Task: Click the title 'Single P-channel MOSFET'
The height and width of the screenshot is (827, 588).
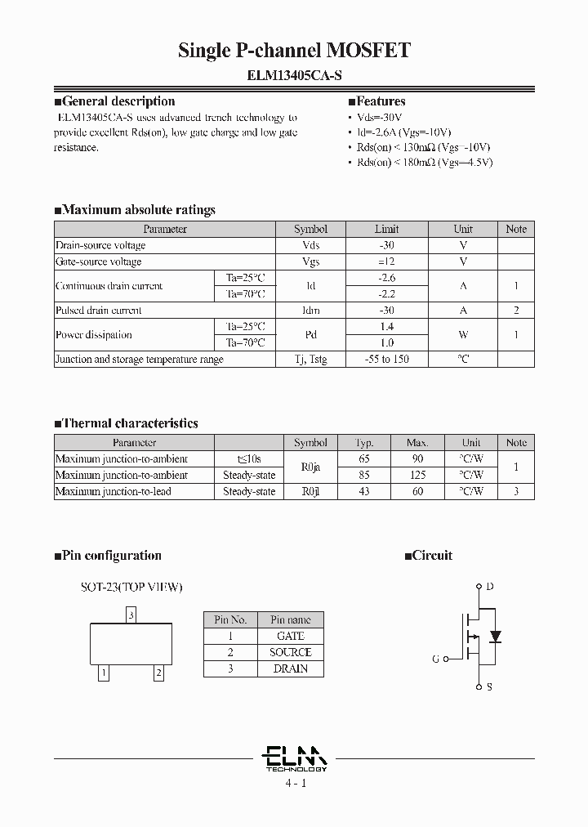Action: pos(294,51)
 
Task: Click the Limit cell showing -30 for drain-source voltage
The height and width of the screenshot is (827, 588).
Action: pos(387,245)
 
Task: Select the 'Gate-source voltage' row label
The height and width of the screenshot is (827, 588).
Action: pos(98,262)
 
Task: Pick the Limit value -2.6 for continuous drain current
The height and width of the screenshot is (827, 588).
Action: pos(387,278)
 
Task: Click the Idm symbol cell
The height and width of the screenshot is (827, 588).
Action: pos(310,311)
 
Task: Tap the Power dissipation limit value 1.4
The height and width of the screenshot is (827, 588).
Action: pos(387,326)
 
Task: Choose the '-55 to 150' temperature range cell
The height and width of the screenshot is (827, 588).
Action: pos(387,360)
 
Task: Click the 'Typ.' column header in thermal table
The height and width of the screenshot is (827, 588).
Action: pos(364,442)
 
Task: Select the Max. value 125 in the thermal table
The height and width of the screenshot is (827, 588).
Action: pos(417,475)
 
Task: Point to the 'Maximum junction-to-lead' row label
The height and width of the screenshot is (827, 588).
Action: pos(113,491)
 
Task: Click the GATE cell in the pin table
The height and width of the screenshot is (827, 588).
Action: pos(291,636)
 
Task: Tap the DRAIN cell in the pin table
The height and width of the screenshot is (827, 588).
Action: pos(291,668)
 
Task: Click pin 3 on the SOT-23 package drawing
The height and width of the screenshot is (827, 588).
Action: pos(131,615)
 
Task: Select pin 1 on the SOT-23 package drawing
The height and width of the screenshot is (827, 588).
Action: pos(103,673)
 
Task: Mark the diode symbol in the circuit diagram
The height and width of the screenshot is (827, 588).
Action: pos(493,636)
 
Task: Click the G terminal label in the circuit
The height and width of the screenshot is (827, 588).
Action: pos(435,659)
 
